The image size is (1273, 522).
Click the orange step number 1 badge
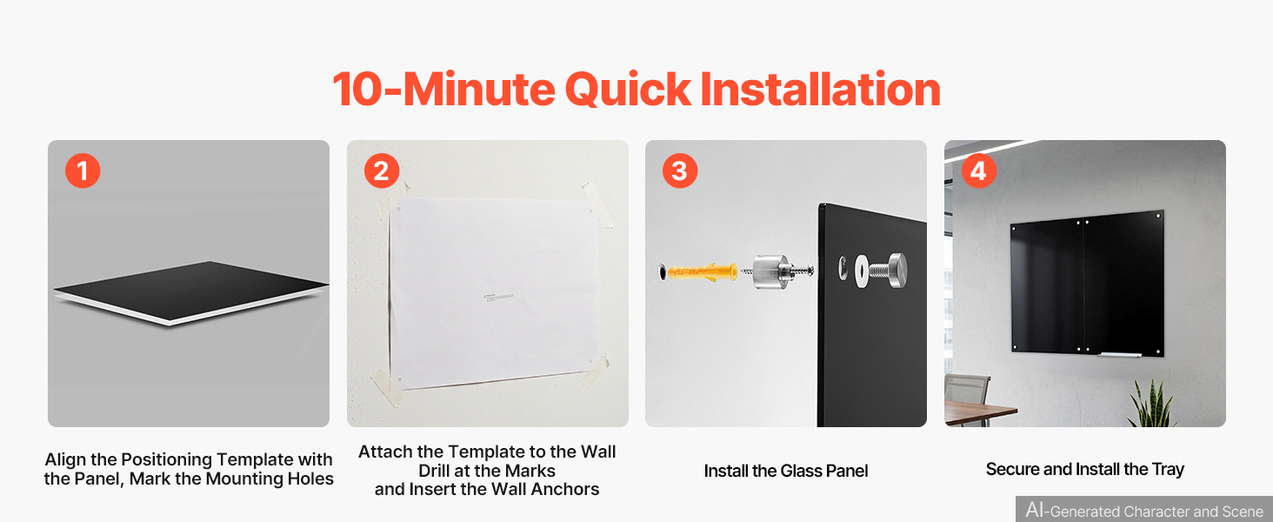point(83,171)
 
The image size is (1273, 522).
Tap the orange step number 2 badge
point(382,171)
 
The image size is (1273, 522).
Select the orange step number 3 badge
point(680,171)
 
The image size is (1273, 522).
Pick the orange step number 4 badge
point(978,171)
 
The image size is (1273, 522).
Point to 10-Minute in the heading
point(443,90)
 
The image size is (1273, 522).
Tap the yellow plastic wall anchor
point(703,271)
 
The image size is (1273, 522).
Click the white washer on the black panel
point(861,271)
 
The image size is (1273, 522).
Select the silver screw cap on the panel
point(896,270)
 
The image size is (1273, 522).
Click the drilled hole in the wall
point(662,271)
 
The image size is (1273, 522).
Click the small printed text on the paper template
point(498,297)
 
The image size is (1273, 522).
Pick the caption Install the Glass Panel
point(786,471)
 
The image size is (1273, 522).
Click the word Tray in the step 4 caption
point(1168,470)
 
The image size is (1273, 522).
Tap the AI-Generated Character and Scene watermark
point(1144,510)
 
